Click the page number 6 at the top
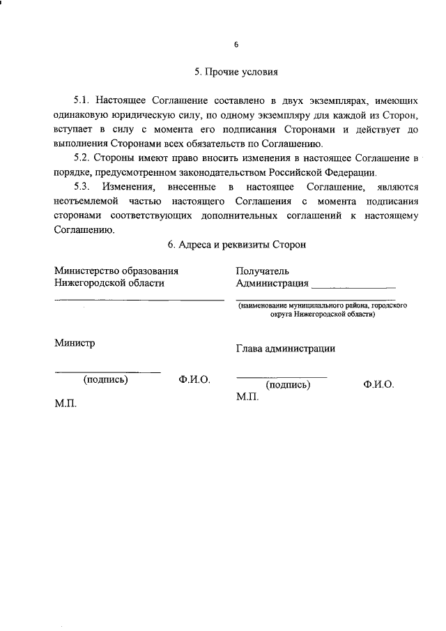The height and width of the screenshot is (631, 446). [x=236, y=45]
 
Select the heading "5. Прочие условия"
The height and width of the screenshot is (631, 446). [x=236, y=72]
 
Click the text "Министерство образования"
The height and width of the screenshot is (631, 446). [x=116, y=271]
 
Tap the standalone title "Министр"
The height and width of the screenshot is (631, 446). [x=75, y=342]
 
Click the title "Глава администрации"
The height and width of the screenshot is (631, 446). [x=286, y=349]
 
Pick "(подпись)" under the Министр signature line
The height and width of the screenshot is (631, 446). [x=105, y=381]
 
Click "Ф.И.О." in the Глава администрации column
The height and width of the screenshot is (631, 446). [x=378, y=384]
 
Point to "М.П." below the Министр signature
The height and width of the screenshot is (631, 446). [x=66, y=404]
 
